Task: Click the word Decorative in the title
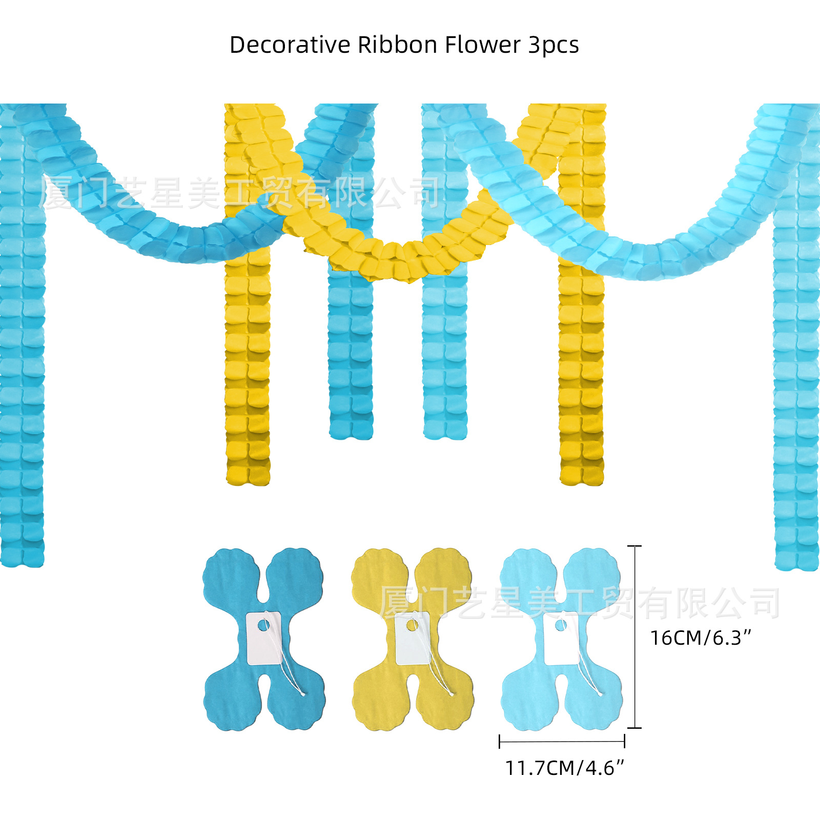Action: [290, 45]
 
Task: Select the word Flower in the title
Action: [482, 45]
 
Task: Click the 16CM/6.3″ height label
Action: [700, 638]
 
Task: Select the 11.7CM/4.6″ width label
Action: [564, 768]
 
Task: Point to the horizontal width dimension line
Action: [562, 741]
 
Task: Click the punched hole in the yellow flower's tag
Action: [412, 625]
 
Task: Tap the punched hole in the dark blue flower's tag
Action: [263, 625]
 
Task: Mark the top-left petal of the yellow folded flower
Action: [379, 574]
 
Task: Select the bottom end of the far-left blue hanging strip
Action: [22, 559]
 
